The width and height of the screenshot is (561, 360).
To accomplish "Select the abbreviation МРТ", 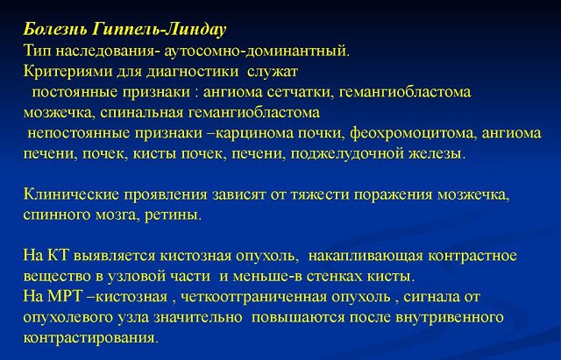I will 63,296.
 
